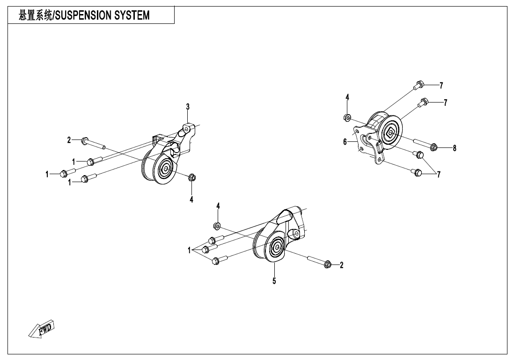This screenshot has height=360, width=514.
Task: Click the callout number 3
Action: [x=188, y=107]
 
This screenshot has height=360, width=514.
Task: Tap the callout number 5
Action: [x=274, y=281]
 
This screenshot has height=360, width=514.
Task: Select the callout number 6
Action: [x=345, y=142]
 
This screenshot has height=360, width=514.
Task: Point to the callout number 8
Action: [x=454, y=148]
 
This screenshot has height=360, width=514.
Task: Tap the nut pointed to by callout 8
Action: [x=433, y=147]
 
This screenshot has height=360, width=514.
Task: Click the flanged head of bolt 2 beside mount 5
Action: [x=328, y=264]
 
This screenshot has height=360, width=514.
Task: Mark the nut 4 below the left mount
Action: [x=191, y=177]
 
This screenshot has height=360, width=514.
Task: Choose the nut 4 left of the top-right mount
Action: [x=347, y=117]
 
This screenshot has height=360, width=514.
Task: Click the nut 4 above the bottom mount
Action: [x=217, y=226]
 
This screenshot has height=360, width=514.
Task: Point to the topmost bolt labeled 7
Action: [x=419, y=85]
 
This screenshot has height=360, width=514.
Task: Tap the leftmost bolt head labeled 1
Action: [x=63, y=174]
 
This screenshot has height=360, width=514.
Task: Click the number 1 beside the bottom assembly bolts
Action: [x=190, y=250]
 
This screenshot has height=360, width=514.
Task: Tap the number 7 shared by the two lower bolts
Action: [x=439, y=175]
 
